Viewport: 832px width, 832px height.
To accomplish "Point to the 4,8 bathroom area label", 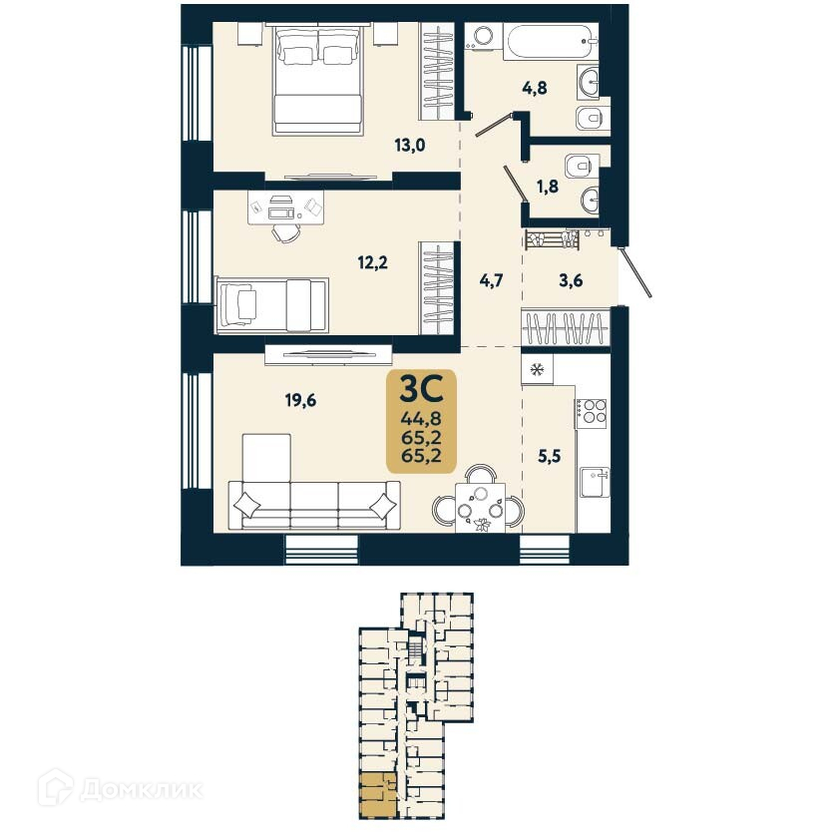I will click(x=536, y=87).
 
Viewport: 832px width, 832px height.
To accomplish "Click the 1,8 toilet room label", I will click(x=549, y=185).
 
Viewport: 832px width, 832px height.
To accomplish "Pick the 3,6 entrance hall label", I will click(x=570, y=281).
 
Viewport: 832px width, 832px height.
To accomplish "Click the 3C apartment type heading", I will click(x=420, y=386).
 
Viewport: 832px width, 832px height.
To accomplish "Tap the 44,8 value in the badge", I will click(x=420, y=418).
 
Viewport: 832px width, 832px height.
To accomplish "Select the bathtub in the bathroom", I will click(x=544, y=43).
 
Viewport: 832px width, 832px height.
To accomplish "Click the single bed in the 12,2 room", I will click(x=271, y=303).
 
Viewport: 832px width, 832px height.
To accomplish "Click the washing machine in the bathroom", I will click(x=483, y=38).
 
